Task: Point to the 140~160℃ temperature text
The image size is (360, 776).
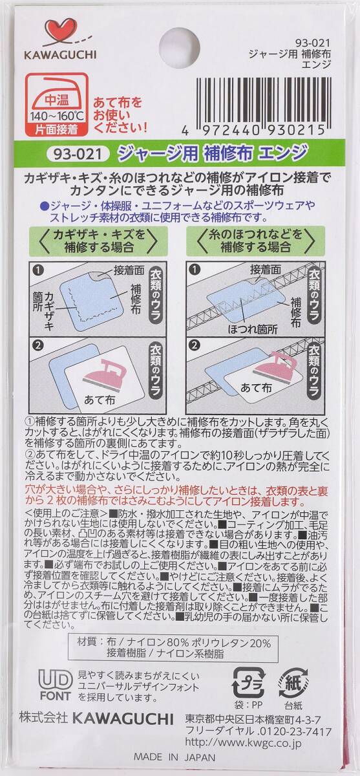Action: (x=57, y=115)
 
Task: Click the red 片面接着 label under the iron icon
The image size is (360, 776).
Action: (x=56, y=129)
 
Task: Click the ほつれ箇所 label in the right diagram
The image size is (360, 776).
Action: (x=253, y=329)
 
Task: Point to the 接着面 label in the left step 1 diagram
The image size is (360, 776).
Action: (x=129, y=271)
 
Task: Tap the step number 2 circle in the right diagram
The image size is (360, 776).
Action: (x=195, y=346)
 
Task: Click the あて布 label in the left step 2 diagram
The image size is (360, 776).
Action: (x=100, y=400)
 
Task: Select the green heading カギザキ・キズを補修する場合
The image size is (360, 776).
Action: (x=99, y=241)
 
